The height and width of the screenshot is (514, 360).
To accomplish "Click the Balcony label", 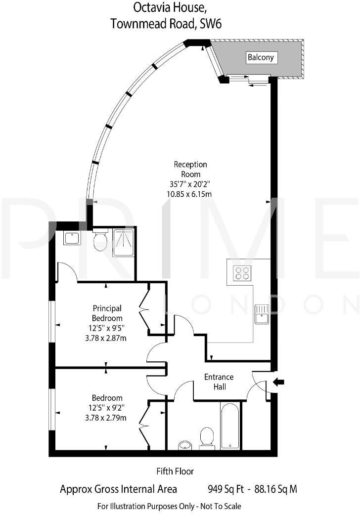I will click(x=261, y=58).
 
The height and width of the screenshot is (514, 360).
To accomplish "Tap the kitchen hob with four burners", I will click(x=242, y=273).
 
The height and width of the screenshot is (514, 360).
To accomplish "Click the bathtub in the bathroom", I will click(x=230, y=425).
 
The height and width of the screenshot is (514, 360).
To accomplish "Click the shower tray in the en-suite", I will click(x=123, y=242).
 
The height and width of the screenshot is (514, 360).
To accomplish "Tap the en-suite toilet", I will click(x=100, y=241).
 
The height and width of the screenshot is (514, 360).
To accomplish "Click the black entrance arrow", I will click(x=279, y=381).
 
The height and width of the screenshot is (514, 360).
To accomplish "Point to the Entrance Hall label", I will click(x=219, y=382).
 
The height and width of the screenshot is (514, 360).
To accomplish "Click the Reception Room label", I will click(x=190, y=169).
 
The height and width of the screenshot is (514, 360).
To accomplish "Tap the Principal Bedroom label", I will click(x=107, y=313).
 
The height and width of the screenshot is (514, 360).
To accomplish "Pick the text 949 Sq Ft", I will click(x=226, y=489).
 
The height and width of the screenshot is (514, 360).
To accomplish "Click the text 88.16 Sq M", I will click(x=276, y=489).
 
